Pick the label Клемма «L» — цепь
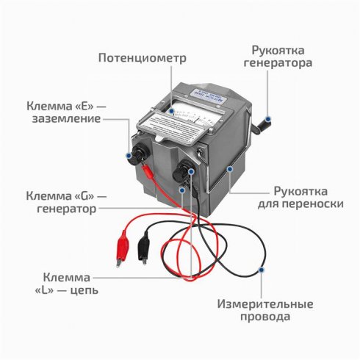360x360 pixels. click(67, 284)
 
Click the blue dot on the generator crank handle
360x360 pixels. click(270, 116)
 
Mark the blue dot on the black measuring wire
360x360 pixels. click(263, 271)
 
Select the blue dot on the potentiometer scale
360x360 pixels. click(170, 112)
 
